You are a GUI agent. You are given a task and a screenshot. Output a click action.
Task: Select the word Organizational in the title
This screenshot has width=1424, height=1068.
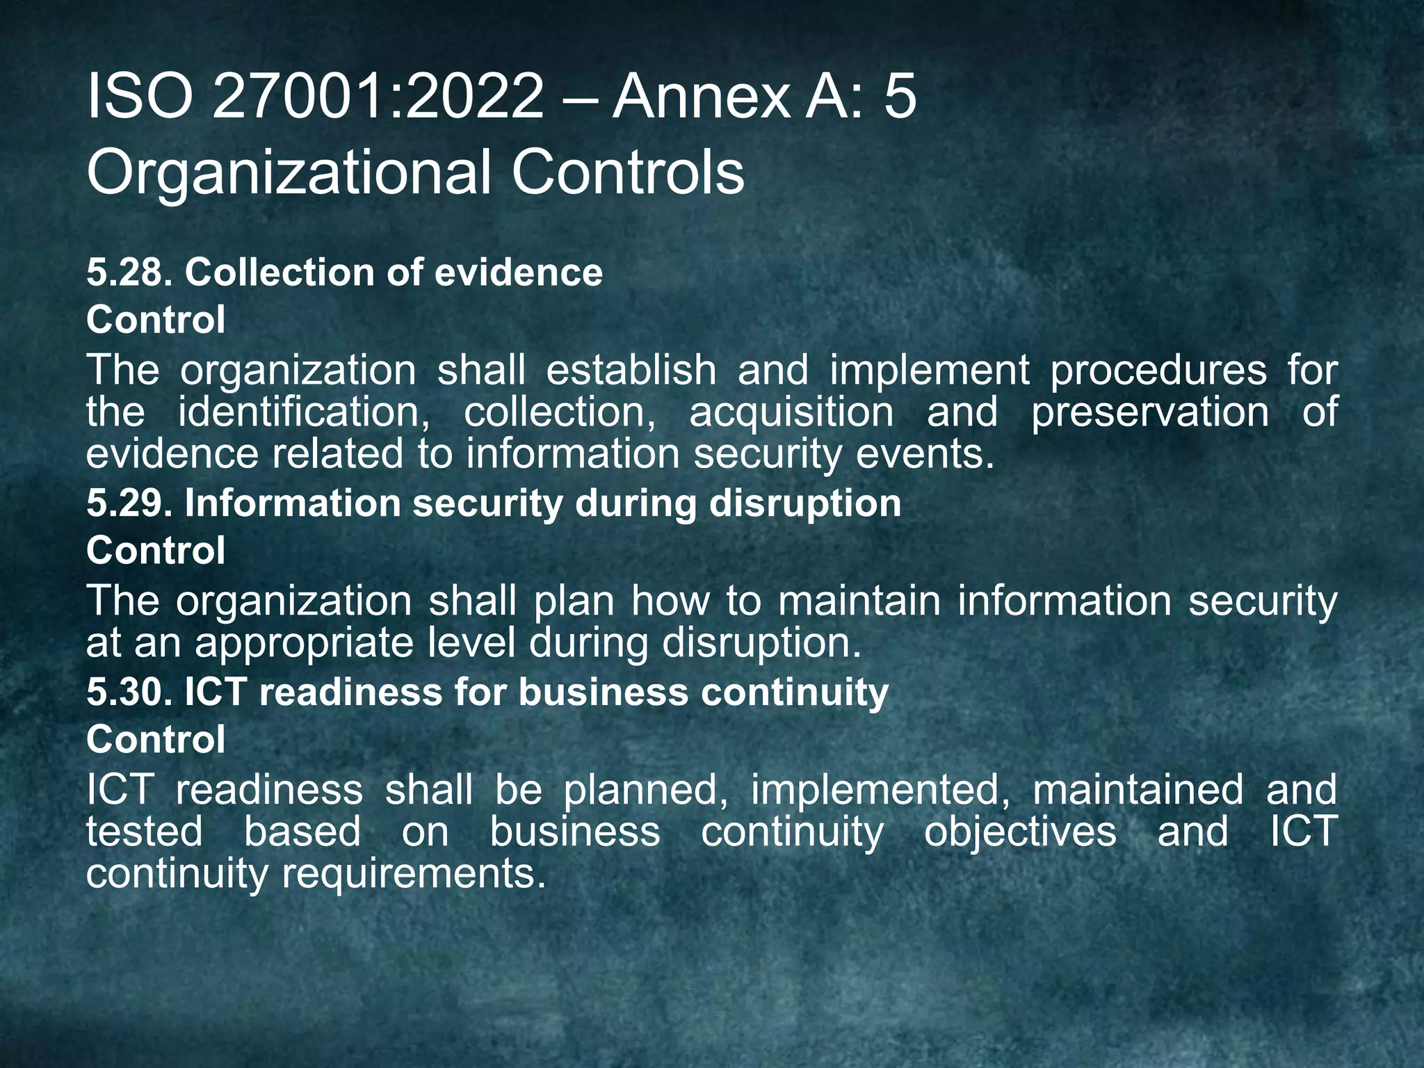pos(289,174)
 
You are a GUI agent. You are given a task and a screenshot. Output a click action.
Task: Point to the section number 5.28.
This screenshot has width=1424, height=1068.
pos(129,273)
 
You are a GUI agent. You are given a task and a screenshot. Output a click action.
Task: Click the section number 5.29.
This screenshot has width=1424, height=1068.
pos(129,503)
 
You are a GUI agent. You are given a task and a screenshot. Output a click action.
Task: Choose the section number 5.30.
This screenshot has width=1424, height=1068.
pos(129,693)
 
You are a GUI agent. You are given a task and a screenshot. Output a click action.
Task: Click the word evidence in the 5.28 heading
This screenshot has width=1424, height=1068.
pos(518,273)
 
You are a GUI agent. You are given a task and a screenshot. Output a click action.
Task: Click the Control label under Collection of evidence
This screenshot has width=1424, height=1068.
pos(156,320)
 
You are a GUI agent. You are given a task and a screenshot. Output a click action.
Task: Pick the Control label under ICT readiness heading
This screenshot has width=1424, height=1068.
pos(156,740)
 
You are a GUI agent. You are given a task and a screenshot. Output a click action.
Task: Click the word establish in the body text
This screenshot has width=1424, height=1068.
pos(631,370)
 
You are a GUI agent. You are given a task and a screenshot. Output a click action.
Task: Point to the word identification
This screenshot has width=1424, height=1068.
pos(304,412)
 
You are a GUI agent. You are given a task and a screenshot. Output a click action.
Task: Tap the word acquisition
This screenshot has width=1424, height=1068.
pos(791,412)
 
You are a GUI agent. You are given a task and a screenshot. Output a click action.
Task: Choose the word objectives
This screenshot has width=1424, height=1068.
pos(1020,832)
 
